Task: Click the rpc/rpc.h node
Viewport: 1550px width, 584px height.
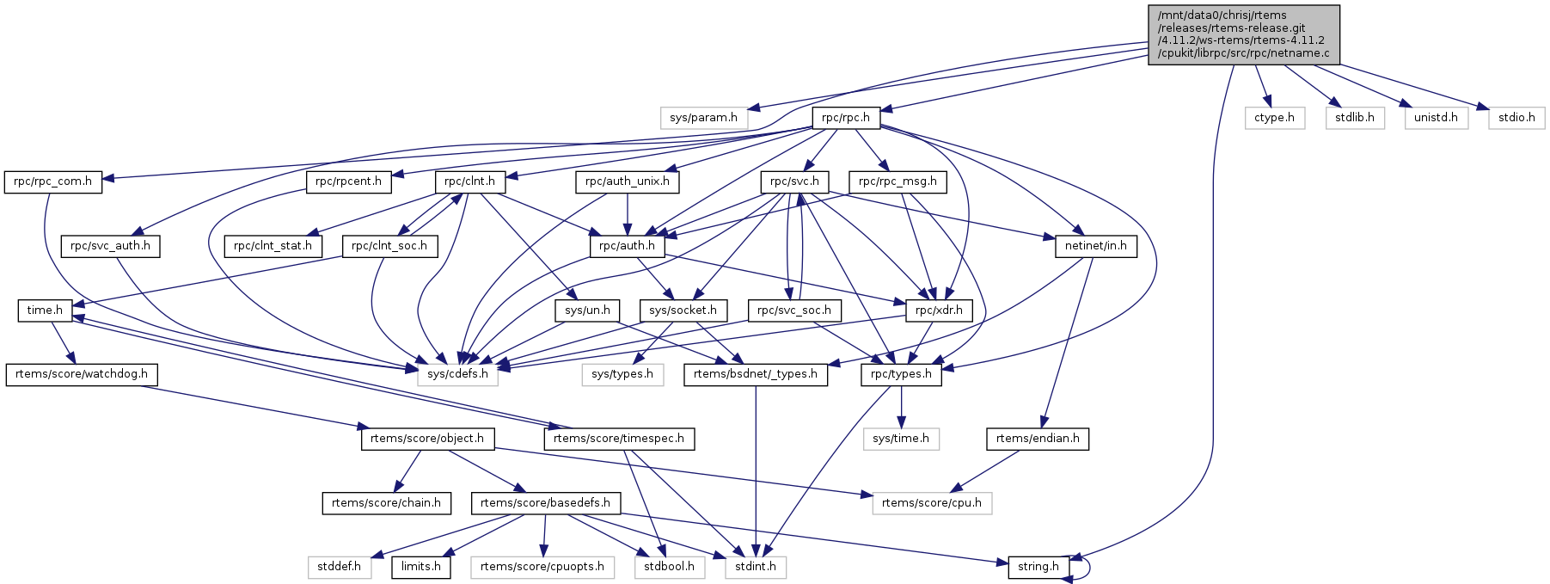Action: coord(845,118)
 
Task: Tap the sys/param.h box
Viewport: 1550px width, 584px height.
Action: coord(703,118)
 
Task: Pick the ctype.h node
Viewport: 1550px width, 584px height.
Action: coord(1274,118)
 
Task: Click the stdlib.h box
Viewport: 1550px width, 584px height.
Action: coord(1354,118)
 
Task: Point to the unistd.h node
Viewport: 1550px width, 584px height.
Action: coord(1436,118)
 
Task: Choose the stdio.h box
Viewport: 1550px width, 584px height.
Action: coord(1516,118)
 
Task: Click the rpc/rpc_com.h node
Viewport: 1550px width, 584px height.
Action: coord(52,182)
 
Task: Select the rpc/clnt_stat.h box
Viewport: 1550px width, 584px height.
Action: coord(273,246)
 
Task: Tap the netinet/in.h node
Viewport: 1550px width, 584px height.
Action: coord(1096,246)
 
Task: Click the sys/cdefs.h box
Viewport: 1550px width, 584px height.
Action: coord(457,374)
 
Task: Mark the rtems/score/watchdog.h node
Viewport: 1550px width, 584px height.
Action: coord(81,374)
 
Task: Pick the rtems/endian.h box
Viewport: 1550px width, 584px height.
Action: coord(1038,439)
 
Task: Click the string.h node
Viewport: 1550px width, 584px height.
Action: coord(1038,567)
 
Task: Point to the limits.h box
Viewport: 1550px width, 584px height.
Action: coord(421,567)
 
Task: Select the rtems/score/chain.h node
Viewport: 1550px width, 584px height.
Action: coord(386,503)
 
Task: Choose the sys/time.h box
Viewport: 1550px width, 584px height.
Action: coord(901,439)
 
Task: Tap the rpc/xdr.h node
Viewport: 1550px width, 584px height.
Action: coord(939,310)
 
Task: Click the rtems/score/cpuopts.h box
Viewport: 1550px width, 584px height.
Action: coord(542,567)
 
